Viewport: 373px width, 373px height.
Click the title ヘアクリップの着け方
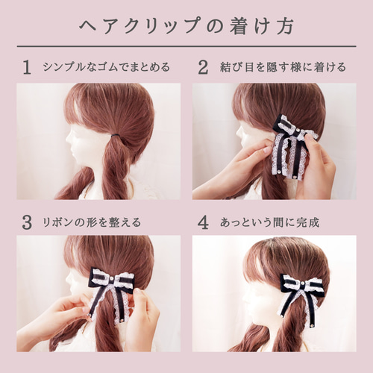click(186, 25)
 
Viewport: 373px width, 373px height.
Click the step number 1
click(27, 68)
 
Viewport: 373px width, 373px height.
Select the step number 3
click(27, 222)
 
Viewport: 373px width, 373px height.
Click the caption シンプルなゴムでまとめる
click(107, 68)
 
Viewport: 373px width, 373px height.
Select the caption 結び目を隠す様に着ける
click(283, 68)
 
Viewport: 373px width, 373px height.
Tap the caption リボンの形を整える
click(93, 222)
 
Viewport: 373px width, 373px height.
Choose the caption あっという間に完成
click(269, 222)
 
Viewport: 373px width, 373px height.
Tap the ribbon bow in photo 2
click(292, 145)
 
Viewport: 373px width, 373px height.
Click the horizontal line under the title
click(186, 46)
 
